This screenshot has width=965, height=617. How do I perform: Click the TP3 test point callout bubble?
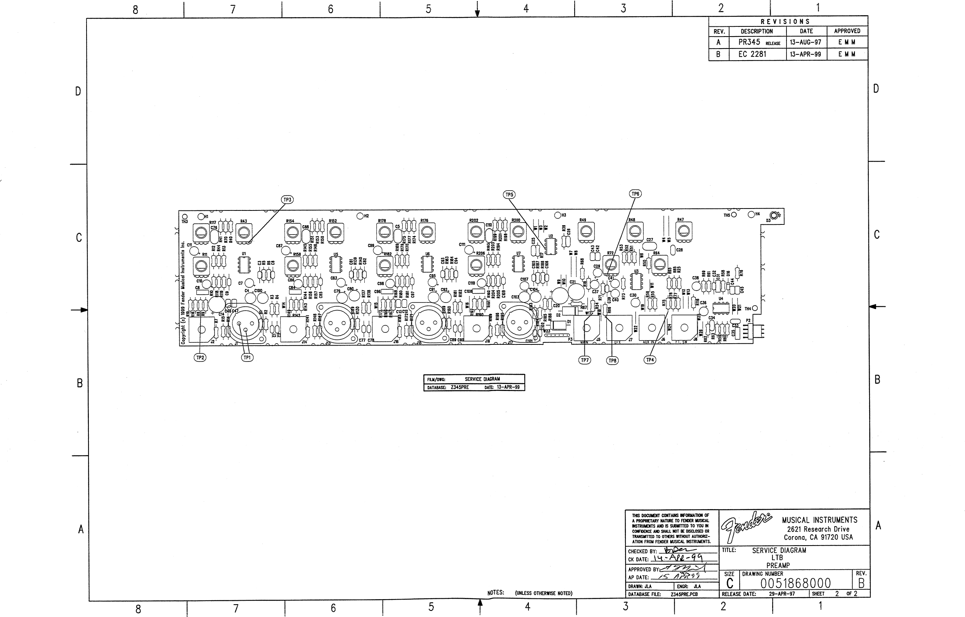click(288, 200)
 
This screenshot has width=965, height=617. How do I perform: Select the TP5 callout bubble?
click(509, 195)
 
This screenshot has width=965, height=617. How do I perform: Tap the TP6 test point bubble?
click(635, 194)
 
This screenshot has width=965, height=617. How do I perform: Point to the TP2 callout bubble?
click(200, 358)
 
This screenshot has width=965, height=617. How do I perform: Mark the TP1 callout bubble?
click(247, 358)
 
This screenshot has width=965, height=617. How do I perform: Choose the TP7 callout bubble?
click(585, 360)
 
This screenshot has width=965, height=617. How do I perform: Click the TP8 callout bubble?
click(612, 361)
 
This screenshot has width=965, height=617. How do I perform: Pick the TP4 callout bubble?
click(650, 360)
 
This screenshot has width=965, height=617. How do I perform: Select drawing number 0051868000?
click(795, 583)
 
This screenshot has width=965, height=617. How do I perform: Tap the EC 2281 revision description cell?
click(752, 54)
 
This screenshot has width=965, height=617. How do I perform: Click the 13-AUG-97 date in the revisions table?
click(806, 42)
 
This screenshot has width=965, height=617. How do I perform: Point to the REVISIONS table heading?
click(785, 22)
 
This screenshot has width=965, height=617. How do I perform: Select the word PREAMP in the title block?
click(778, 565)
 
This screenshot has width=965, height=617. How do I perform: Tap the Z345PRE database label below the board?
click(460, 387)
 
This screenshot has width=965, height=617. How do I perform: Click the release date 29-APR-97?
click(781, 594)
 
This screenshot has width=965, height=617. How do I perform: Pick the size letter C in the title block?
click(730, 584)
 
